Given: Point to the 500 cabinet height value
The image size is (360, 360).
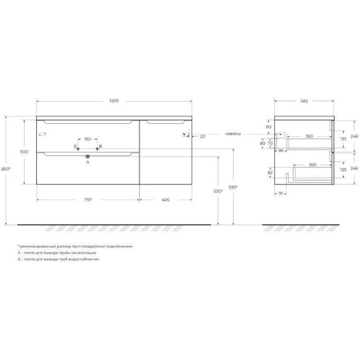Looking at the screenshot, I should point(25,152).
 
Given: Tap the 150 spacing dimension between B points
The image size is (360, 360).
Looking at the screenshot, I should point(88,138).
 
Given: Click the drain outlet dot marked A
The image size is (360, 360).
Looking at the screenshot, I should point(88,155).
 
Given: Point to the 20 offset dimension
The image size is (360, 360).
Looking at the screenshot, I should point(203,136).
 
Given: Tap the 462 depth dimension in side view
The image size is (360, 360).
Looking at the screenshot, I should point(304,100).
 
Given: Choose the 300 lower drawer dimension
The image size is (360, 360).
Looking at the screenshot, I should point(313,164).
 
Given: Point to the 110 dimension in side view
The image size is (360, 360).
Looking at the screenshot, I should point(267,127).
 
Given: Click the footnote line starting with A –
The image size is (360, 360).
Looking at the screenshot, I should point(57,253).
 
